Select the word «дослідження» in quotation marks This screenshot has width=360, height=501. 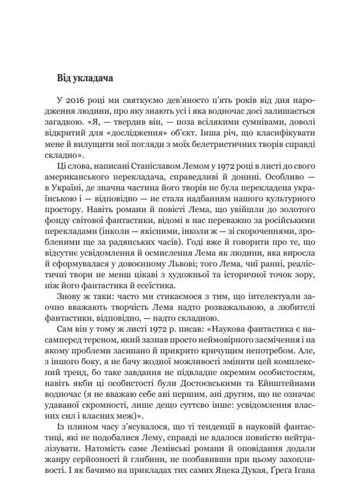point(150,127)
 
